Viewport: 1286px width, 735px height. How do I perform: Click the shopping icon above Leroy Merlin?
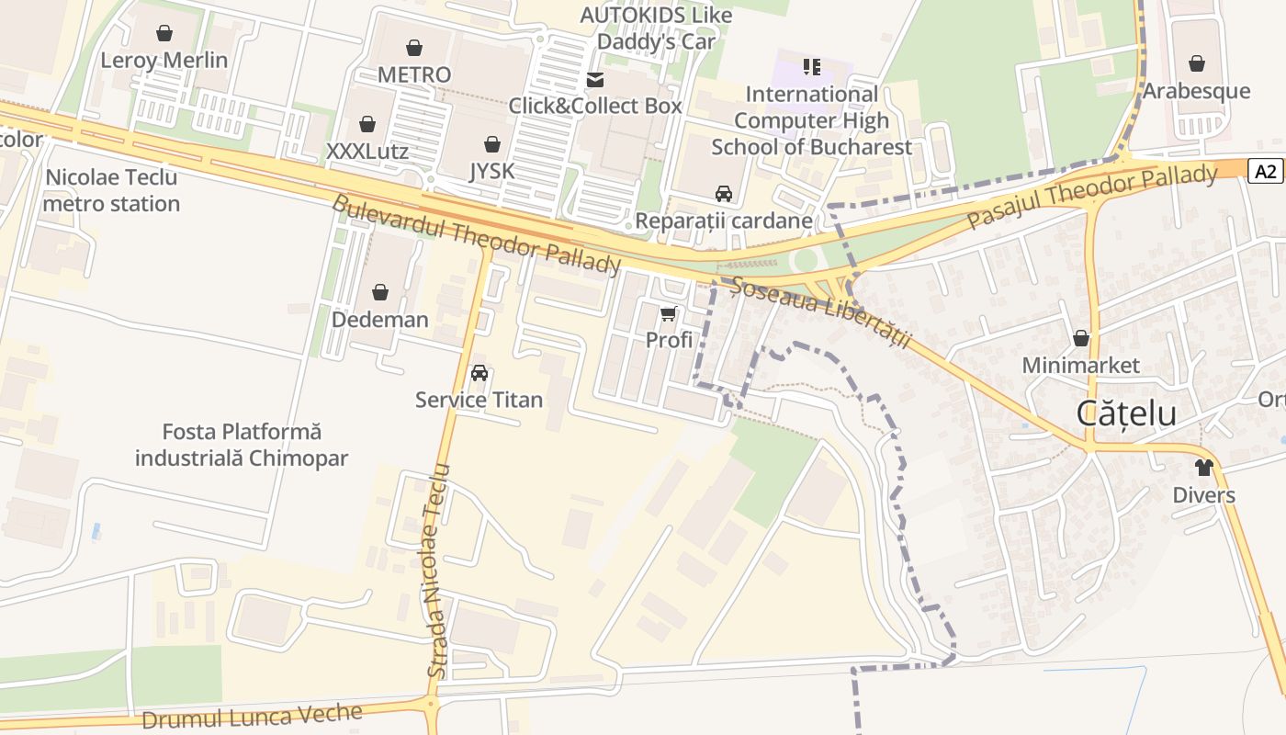164,34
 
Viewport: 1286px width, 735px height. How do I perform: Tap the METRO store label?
414,74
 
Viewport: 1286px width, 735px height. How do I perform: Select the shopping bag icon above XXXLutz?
367,124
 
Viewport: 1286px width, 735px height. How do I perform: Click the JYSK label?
492,171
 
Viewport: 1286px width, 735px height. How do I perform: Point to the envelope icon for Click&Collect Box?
595,80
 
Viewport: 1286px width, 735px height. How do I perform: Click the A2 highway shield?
1266,170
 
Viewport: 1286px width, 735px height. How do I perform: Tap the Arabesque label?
1196,90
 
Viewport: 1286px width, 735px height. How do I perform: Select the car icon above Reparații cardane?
724,194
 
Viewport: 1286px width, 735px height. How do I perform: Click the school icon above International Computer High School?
811,66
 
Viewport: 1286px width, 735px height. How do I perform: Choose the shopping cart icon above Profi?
669,314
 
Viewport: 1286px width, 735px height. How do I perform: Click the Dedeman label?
379,320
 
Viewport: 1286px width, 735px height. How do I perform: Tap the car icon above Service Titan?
479,373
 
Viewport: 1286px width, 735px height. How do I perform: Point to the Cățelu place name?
1126,413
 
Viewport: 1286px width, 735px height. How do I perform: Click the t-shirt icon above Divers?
1204,468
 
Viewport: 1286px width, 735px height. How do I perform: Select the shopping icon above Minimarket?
1081,338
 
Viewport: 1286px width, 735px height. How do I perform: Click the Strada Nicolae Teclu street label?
439,571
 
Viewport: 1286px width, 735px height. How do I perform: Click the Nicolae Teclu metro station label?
111,190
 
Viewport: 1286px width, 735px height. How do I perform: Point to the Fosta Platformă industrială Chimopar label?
242,445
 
